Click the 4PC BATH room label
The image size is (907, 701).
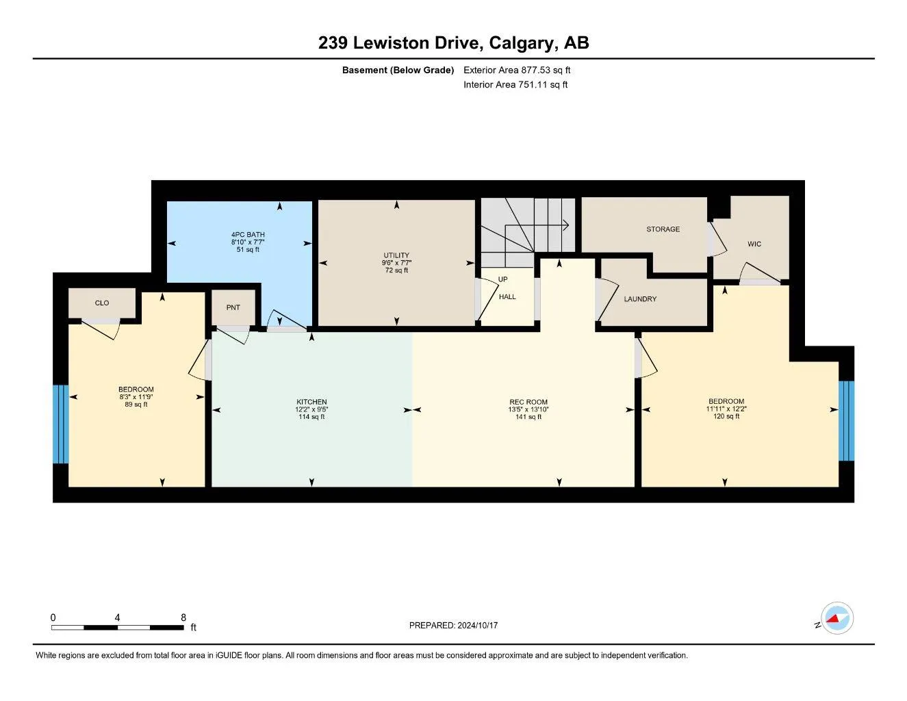[x=248, y=235]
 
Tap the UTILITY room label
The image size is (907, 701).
[x=396, y=255]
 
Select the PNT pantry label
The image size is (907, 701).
[x=233, y=307]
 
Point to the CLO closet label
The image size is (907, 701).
[x=102, y=303]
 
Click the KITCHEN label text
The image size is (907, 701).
[x=311, y=403]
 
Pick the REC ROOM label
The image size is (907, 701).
[x=528, y=403]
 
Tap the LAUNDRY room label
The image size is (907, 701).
[x=640, y=298]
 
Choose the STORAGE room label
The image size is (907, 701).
[x=663, y=229]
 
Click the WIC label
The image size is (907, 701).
[x=754, y=244]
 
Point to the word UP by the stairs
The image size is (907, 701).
[x=502, y=279]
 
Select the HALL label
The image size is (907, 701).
[x=507, y=296]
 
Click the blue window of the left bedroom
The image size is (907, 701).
[x=60, y=424]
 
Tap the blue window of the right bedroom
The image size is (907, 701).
[x=846, y=420]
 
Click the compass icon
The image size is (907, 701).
[x=836, y=618]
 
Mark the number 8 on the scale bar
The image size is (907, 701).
[x=183, y=617]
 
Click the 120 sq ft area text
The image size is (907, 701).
[x=726, y=416]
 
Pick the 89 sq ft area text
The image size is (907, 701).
[x=136, y=405]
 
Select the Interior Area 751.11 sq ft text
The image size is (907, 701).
[x=515, y=85]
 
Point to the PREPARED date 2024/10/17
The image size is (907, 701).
[x=478, y=626]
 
